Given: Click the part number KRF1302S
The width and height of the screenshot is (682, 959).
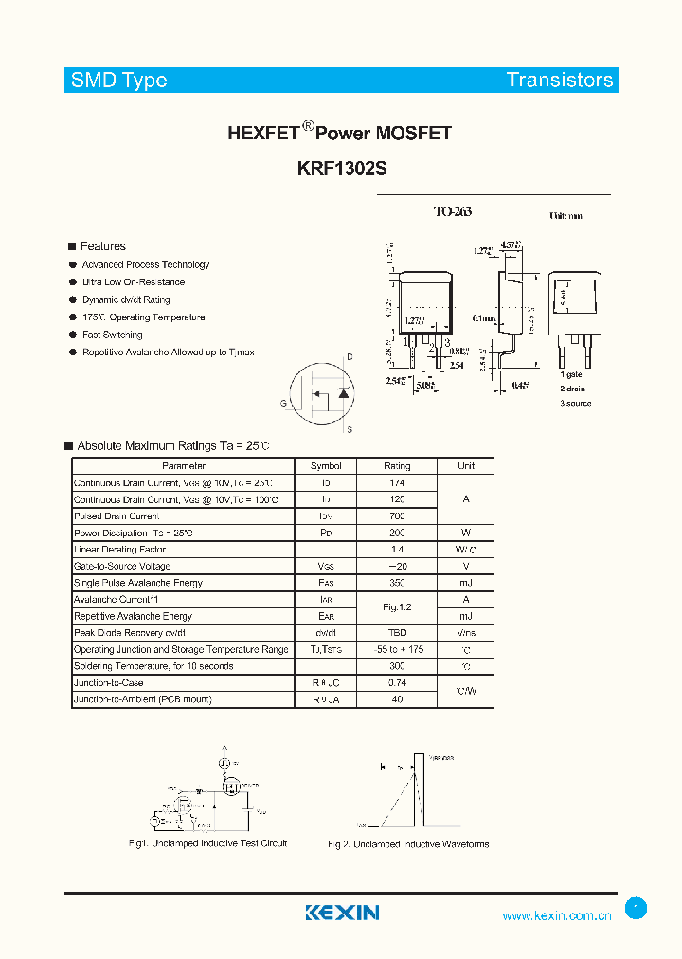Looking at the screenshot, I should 341,169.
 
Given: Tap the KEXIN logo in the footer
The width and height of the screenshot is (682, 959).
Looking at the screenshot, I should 342,913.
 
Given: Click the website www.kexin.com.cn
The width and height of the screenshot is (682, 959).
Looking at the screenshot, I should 556,915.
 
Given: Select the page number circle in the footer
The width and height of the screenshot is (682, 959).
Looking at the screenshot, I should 637,909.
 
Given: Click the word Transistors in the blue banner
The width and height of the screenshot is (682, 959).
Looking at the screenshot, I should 559,81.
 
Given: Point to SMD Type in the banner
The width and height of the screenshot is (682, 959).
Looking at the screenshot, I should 118,81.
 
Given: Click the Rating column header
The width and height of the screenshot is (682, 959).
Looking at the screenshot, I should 397,466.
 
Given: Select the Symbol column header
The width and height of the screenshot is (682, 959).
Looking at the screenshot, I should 326,466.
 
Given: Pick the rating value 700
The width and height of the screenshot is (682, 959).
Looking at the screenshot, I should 397,516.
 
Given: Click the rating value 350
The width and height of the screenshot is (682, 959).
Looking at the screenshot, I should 397,583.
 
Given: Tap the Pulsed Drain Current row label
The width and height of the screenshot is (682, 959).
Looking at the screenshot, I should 117,516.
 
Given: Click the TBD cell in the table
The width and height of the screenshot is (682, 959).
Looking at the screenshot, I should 397,633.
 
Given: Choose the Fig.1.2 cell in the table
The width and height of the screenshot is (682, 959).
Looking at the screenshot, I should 397,607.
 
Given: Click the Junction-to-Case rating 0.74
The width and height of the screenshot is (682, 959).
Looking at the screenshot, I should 397,682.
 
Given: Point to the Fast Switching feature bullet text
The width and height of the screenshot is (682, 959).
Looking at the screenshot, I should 112,335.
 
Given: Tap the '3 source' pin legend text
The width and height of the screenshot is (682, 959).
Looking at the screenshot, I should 575,404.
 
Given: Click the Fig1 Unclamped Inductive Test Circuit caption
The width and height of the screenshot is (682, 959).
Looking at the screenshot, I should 207,843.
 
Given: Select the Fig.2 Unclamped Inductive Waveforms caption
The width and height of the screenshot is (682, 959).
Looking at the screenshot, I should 408,844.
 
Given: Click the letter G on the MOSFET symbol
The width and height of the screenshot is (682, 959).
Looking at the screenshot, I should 282,403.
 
